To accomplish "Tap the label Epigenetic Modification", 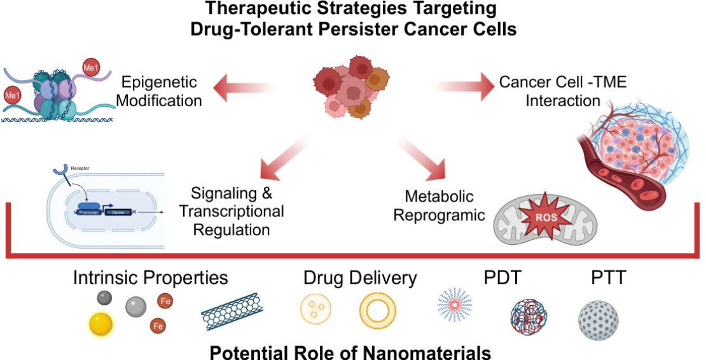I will (x=160, y=92).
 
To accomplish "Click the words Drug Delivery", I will (x=359, y=279).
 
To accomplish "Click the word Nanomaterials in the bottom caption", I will (x=432, y=351).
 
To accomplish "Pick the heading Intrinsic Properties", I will (x=150, y=279).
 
